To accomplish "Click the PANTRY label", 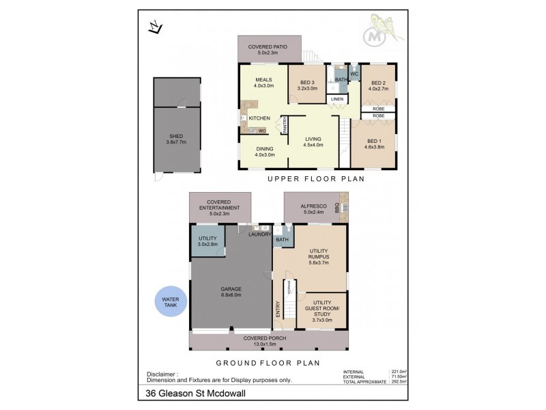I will (285, 125).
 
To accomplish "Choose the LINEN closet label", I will (337, 100).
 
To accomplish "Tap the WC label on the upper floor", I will (354, 73).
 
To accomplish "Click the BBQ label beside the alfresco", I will (336, 210).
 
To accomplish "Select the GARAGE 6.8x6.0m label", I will (231, 292).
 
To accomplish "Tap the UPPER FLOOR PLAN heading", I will (316, 179).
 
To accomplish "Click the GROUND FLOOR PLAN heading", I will (268, 363).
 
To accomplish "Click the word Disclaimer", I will (163, 374).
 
